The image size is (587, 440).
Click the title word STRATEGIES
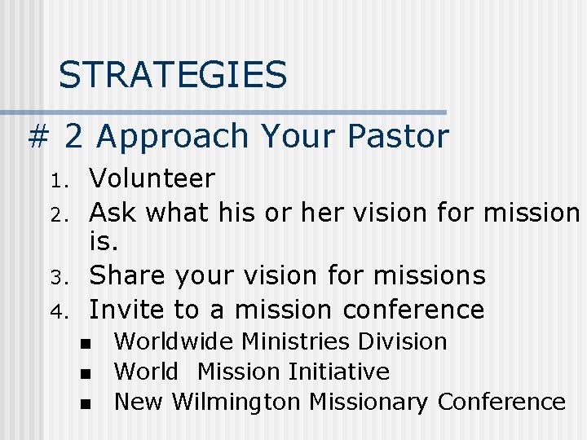[x=173, y=76]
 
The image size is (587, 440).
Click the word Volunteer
[x=152, y=178]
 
